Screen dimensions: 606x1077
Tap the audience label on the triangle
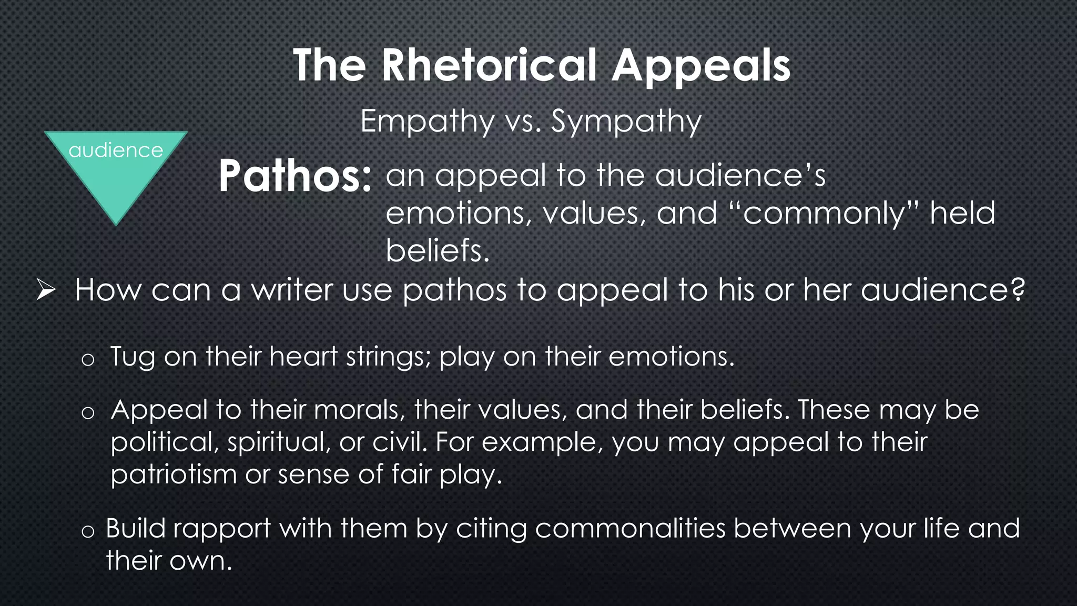[116, 150]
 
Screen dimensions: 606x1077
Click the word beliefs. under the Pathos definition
[438, 250]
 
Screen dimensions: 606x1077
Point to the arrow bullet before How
[46, 290]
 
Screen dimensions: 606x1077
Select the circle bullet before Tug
[88, 360]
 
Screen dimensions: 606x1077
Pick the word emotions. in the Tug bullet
[671, 357]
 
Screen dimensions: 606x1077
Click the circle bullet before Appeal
[88, 413]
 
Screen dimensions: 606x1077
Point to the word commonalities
[630, 528]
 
